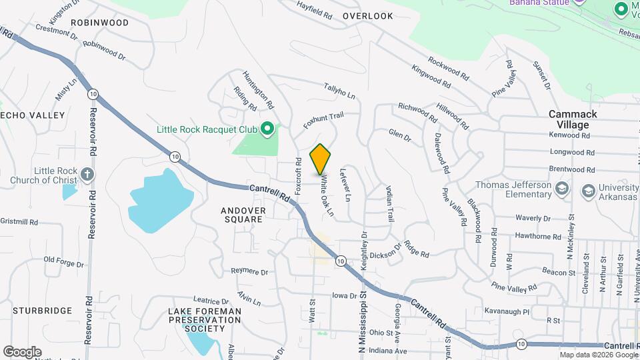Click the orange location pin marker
321,159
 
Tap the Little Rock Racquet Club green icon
267,128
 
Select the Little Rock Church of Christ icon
86,175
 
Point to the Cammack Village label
573,119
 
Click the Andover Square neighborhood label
243,215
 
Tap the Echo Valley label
33,115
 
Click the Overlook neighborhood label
368,16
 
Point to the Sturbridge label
41,311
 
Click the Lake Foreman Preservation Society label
204,320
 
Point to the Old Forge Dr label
64,261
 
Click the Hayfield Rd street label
315,9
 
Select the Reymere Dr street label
249,272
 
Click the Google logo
22,352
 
